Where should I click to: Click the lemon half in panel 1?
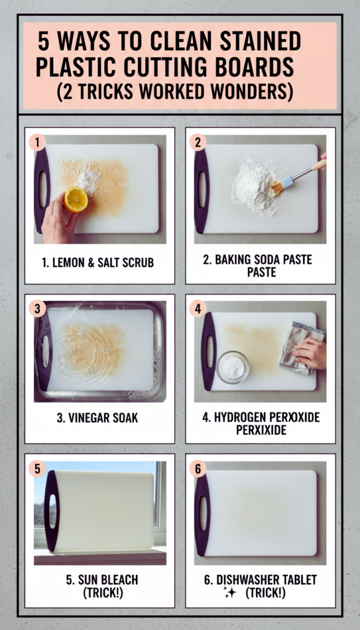click(76, 199)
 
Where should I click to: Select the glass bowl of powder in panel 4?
click(233, 367)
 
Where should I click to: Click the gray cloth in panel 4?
click(302, 348)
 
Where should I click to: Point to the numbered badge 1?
click(38, 143)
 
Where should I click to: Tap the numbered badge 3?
click(38, 309)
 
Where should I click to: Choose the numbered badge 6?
click(198, 469)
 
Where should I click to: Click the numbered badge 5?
click(38, 469)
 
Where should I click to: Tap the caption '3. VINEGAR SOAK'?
click(97, 418)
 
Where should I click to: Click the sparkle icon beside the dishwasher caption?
click(230, 593)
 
